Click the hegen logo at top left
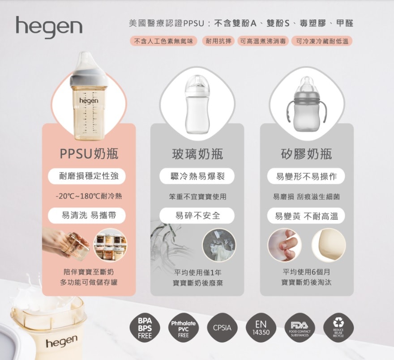pos(49,27)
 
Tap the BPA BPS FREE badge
pos(145,328)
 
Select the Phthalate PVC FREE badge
pos(184,328)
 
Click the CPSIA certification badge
pos(222,328)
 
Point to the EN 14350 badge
pos(261,328)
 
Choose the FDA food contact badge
pos(300,328)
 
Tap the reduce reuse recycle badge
pos(338,328)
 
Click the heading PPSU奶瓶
pos(89,153)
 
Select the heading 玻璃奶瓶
pos(197,153)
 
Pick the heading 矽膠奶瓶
pos(307,153)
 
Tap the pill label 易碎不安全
pos(197,216)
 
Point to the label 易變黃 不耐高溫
pos(306,216)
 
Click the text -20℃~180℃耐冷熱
pos(89,196)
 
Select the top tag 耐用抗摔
pos(218,41)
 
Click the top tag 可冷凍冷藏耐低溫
pos(322,41)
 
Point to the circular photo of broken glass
pos(219,245)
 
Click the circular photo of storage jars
pos(111,245)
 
